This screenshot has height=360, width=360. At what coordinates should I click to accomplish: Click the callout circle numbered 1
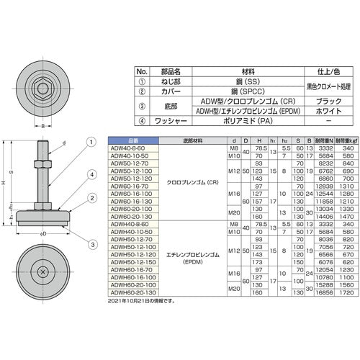pos(92,142)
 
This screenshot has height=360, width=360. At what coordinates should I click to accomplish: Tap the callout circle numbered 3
pos(92,224)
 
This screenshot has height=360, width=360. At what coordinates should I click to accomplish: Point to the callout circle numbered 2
pos(92,197)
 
